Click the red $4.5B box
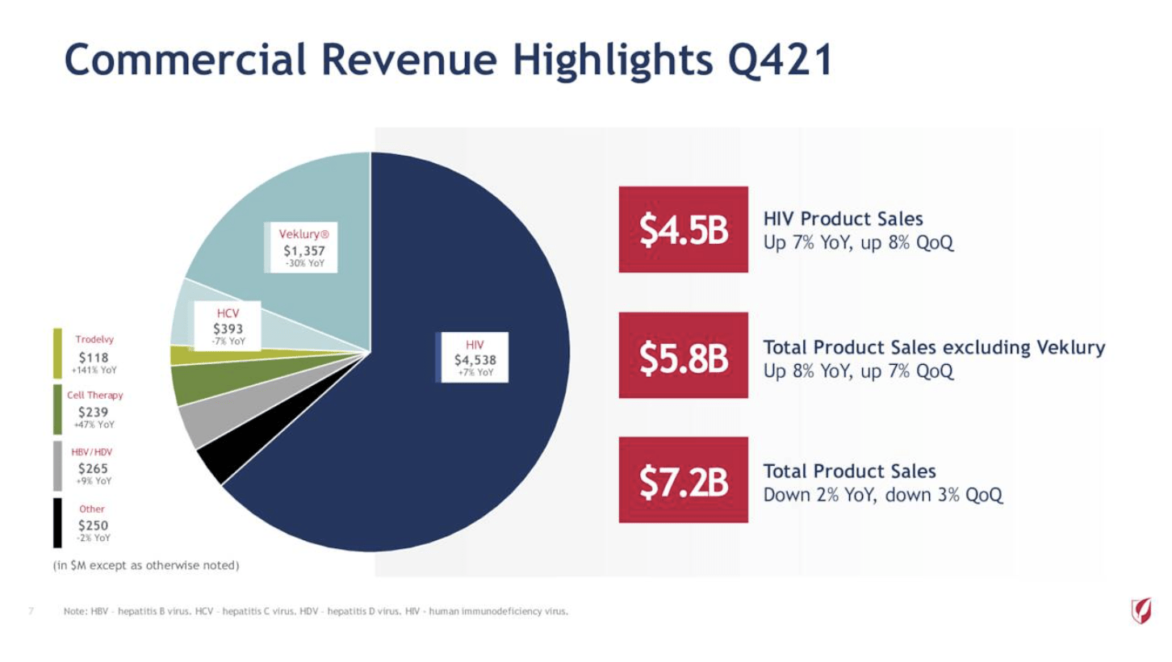[683, 229]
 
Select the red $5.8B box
[683, 355]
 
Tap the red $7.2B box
[683, 480]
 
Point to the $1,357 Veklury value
[302, 249]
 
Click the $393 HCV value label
[228, 329]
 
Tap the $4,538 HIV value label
[475, 359]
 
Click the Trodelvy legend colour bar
[57, 353]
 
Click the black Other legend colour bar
[57, 522]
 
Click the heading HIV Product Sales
[843, 219]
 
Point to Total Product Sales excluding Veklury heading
[934, 348]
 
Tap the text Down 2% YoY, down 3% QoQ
[883, 495]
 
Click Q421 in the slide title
[780, 61]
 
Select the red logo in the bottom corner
[1141, 610]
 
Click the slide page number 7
[31, 611]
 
